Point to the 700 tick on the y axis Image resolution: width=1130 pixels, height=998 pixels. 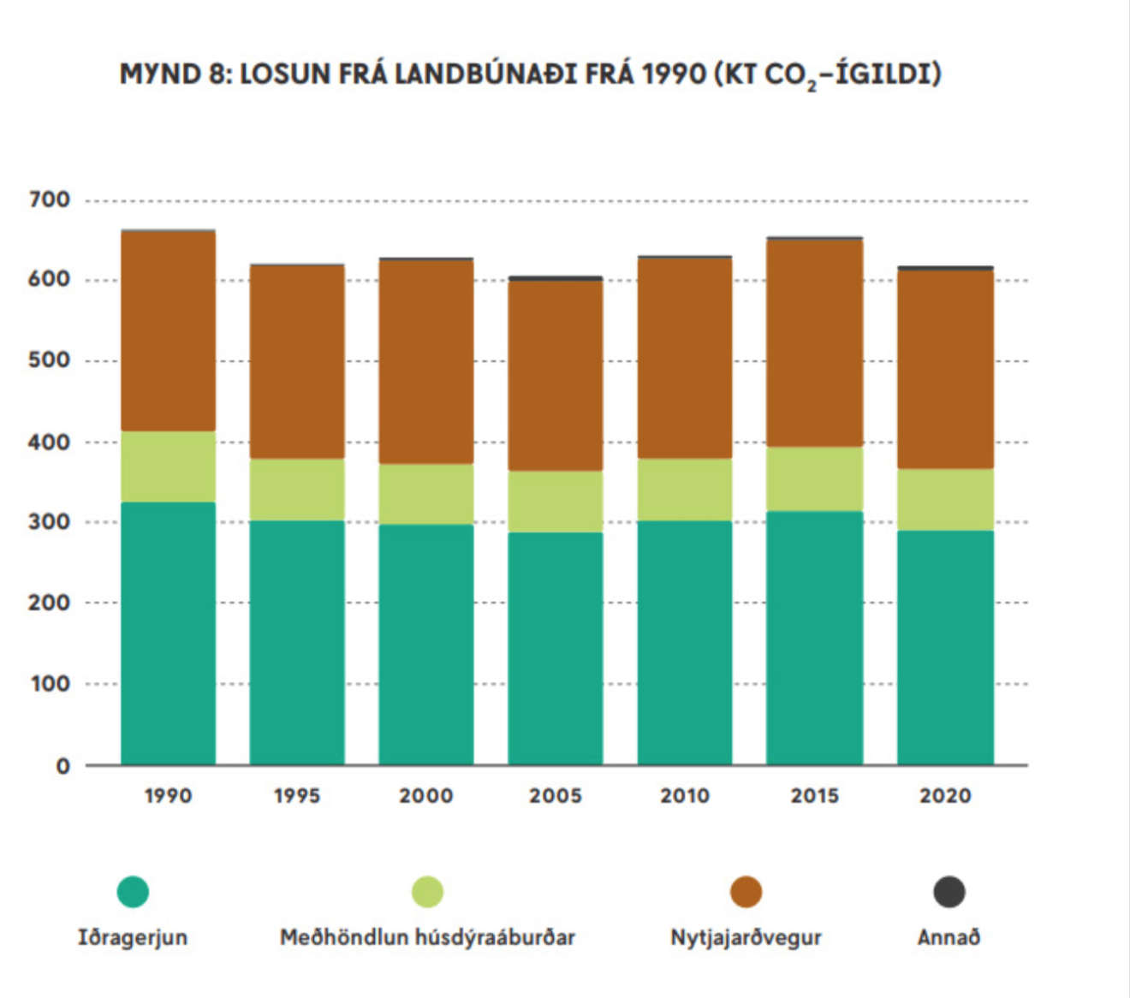[50, 200]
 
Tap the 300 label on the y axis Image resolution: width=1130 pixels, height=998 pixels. [50, 522]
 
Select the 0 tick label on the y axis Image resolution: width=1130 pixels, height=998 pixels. [62, 767]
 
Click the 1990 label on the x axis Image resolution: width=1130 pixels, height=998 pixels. [168, 796]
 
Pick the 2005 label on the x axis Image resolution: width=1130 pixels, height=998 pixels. [556, 796]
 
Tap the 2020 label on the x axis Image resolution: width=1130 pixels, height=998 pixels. [945, 796]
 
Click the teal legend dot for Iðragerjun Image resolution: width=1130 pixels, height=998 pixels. [133, 892]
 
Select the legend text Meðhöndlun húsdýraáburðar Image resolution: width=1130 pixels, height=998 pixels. [427, 937]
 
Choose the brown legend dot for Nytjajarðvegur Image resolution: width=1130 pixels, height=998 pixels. [746, 892]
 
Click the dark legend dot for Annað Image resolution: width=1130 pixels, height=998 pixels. [949, 892]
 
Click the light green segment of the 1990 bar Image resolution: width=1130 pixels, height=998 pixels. [168, 466]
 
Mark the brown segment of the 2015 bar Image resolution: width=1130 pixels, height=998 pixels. [814, 342]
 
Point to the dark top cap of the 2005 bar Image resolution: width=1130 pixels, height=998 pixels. [556, 278]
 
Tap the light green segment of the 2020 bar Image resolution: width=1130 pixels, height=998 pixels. [945, 500]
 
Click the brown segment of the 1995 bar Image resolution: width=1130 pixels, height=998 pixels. [297, 362]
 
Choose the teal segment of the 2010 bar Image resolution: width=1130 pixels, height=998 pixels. [685, 642]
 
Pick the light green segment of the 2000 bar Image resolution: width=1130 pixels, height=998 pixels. [426, 494]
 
